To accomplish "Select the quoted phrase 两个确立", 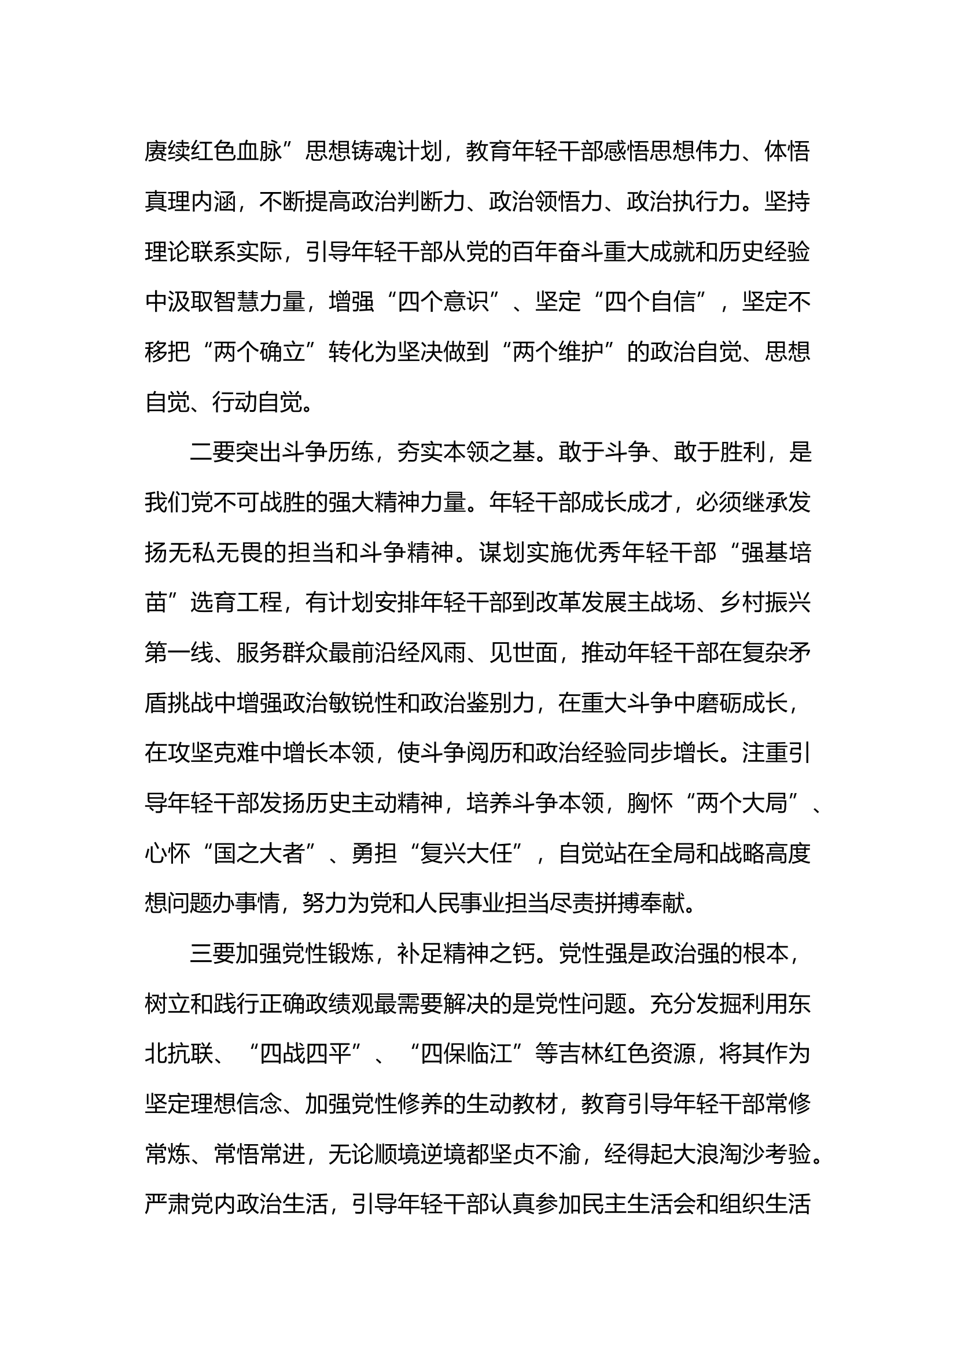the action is (259, 352).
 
